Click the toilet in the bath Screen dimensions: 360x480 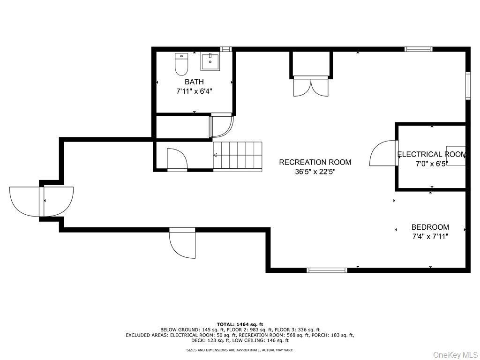(181, 64)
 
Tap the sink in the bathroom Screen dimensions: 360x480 (210, 61)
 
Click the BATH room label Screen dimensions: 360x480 (194, 82)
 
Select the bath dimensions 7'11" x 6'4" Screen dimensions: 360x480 (194, 91)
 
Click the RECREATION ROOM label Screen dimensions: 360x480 (315, 162)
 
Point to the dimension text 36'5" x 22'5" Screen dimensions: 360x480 (315, 172)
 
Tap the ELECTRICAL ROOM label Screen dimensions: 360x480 (431, 154)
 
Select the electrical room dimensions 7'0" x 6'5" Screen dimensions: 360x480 (431, 164)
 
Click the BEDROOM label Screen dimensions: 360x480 (430, 227)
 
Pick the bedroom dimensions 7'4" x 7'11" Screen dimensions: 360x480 (430, 237)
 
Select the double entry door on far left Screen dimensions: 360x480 (41, 201)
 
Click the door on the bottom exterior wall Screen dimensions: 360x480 (182, 243)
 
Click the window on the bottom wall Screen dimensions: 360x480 (327, 270)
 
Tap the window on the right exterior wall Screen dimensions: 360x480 (467, 85)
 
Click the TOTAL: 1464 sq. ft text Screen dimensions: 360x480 (240, 324)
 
